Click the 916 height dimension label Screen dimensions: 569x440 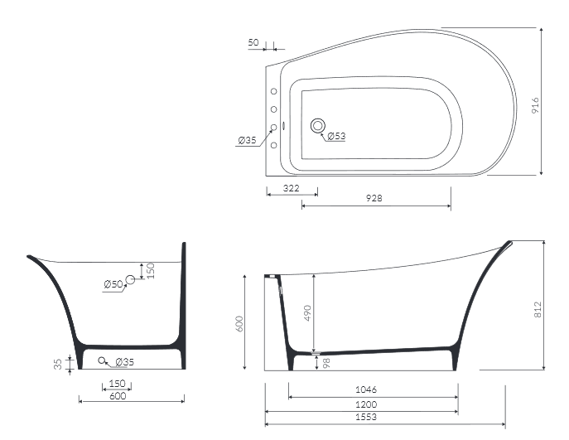click(535, 105)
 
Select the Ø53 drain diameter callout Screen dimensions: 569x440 click(336, 136)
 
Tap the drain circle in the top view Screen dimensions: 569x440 click(318, 126)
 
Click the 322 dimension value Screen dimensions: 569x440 click(291, 188)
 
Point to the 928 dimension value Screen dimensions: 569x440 click(374, 198)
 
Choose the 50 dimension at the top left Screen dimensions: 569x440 click(253, 42)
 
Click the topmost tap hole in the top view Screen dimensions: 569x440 click(274, 91)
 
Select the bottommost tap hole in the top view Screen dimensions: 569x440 click(274, 145)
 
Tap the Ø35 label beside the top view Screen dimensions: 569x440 click(247, 140)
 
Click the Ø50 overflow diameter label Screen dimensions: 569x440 click(113, 284)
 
